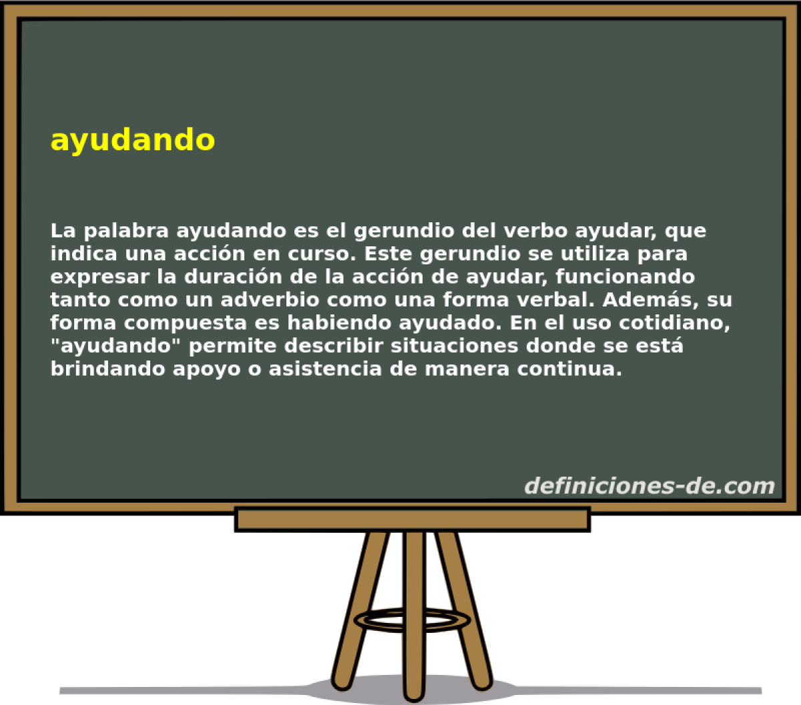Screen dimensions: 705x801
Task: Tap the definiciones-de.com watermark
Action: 649,486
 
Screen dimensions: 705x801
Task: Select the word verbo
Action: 527,232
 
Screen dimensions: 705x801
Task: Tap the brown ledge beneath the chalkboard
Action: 412,519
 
